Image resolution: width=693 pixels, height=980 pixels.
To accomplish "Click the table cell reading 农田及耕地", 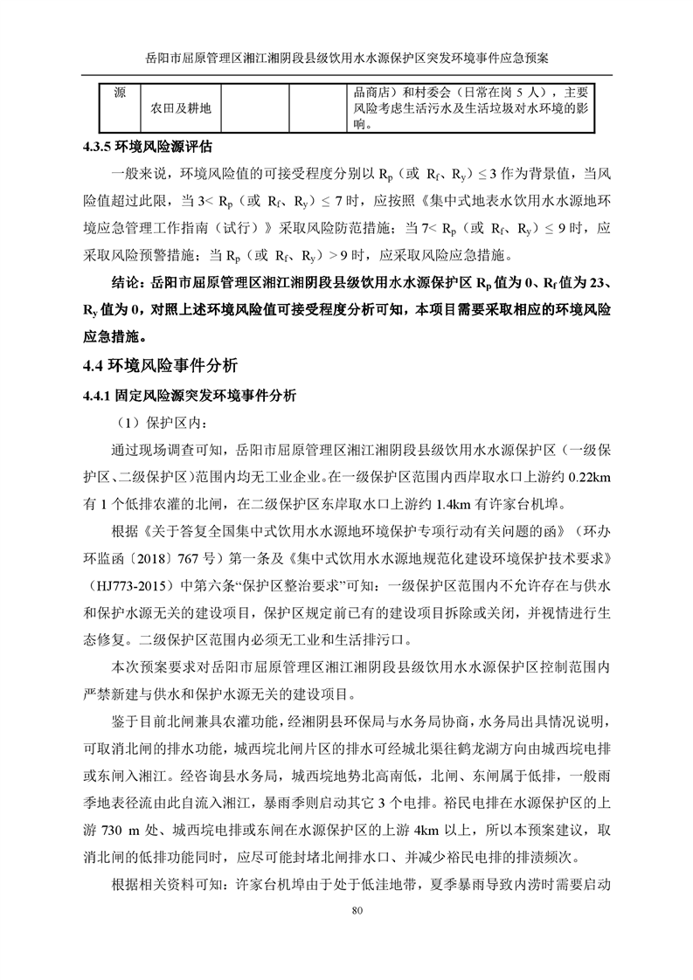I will click(x=180, y=108).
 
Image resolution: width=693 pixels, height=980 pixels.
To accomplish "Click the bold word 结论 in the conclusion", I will click(x=128, y=284).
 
